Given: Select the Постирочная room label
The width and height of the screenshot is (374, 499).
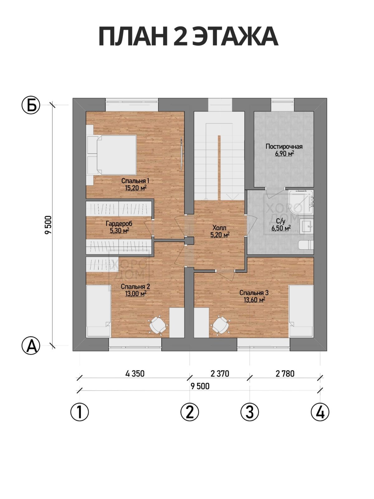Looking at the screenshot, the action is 284,146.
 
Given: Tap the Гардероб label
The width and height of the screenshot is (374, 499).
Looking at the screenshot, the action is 119,224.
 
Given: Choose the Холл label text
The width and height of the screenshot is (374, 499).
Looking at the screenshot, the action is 219,228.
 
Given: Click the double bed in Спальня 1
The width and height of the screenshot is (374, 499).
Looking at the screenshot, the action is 112,155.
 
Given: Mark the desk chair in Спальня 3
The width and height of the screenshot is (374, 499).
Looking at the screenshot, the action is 220,325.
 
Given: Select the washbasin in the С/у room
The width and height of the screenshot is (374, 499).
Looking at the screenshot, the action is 307,226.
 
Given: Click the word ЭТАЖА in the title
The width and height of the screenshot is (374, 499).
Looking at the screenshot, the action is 235,37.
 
